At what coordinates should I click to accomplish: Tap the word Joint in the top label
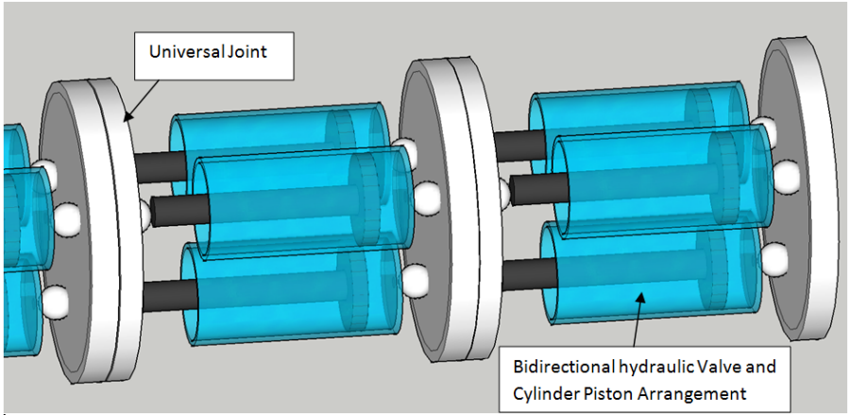point(245,51)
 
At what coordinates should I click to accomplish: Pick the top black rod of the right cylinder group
point(516,145)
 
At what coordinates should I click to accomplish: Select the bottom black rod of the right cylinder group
point(521,274)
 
